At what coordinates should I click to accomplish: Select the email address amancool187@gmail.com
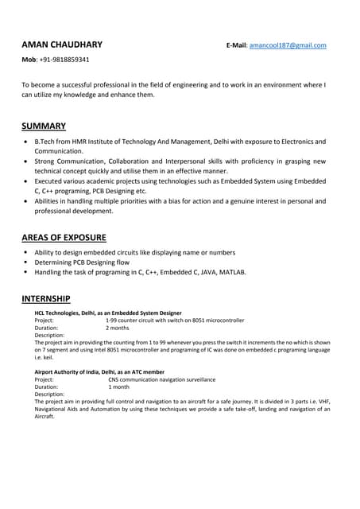coord(288,45)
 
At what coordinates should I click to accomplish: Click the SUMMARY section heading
coord(44,126)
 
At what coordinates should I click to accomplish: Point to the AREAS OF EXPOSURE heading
coord(64,237)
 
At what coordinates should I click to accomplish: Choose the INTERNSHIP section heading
coord(45,298)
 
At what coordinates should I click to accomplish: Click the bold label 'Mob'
coord(29,60)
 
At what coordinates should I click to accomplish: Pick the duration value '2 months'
coord(117,328)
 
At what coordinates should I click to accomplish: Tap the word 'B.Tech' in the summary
coord(45,142)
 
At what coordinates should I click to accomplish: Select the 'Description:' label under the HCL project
coord(49,335)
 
